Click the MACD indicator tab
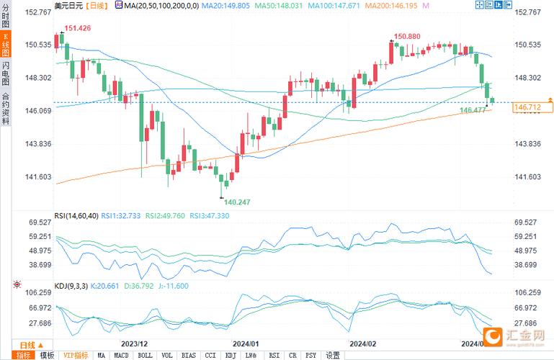tap(121, 355)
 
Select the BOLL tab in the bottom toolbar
tap(144, 355)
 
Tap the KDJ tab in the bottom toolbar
tap(231, 355)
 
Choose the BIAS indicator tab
tap(189, 355)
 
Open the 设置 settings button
tap(332, 355)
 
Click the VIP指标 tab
tap(75, 355)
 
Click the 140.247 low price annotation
tap(237, 202)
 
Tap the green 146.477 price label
tap(473, 110)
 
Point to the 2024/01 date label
tap(246, 343)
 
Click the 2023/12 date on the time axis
tap(135, 343)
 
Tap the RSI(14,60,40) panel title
tap(76, 215)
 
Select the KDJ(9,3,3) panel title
tap(71, 286)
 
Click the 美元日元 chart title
tap(68, 5)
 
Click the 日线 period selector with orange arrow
tap(27, 344)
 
